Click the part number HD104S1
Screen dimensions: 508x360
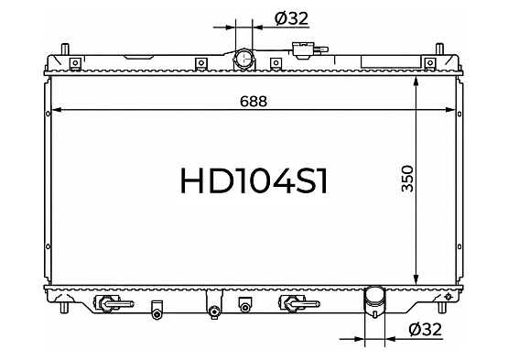[254, 180]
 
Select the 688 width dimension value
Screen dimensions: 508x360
[254, 101]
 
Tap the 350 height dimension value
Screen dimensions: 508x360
[407, 179]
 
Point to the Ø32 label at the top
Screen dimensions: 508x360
[291, 18]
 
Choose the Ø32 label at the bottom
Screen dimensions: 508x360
[426, 330]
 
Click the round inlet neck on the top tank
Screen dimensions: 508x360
[243, 59]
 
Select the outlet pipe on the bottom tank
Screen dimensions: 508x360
[375, 302]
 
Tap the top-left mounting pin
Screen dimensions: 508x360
[65, 49]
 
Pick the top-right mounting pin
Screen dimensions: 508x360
[439, 49]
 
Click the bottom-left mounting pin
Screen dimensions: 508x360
[65, 307]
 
